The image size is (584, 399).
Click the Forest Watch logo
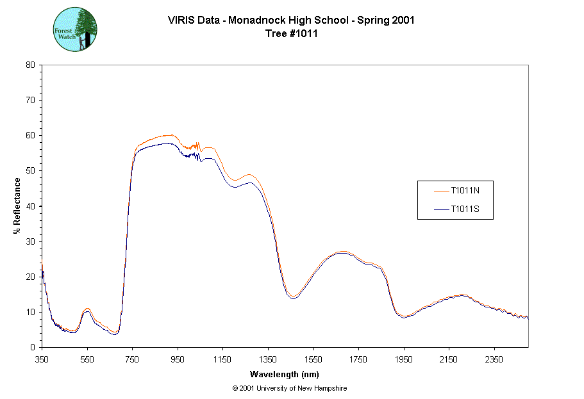[74, 30]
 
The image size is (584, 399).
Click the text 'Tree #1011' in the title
[291, 34]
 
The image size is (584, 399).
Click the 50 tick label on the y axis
[29, 171]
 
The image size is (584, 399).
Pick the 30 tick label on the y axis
[29, 241]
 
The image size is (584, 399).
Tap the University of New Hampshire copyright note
[290, 388]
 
